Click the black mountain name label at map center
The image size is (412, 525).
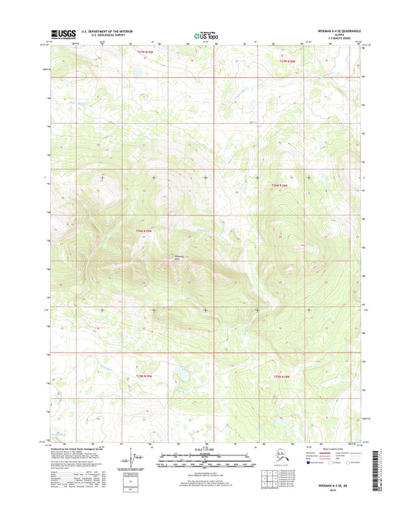coord(181,257)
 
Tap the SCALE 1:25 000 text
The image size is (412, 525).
coord(206,451)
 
